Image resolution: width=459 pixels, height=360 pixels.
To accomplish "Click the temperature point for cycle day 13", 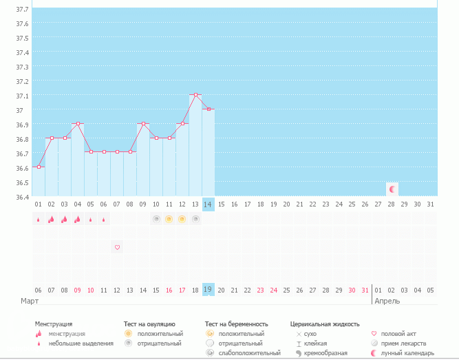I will click(x=195, y=94).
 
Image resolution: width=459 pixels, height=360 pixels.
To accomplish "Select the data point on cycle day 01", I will click(x=39, y=167).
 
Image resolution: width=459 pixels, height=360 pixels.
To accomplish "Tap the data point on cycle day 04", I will click(x=78, y=124).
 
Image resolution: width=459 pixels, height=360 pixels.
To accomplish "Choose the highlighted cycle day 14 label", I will click(x=208, y=204).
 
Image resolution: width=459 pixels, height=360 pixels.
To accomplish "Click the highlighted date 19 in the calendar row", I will click(x=208, y=290).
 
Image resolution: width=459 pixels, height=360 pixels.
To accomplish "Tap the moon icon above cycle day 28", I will click(x=392, y=189).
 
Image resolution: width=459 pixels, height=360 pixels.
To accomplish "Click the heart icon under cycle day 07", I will click(x=117, y=247).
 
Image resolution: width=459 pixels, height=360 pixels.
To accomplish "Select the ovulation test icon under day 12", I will click(x=182, y=219).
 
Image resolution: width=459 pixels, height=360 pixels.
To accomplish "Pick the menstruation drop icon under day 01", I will click(x=39, y=220).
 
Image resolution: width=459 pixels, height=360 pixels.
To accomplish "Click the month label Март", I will click(x=30, y=301).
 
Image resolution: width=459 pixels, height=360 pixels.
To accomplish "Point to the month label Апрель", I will click(x=387, y=301).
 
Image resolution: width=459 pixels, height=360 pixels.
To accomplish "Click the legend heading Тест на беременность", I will click(x=236, y=324).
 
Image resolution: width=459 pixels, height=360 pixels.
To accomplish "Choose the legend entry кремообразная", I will click(x=325, y=353).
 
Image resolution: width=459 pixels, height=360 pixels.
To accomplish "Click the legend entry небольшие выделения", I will click(x=81, y=343).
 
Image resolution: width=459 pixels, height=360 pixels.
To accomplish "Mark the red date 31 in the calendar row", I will click(x=365, y=290).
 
